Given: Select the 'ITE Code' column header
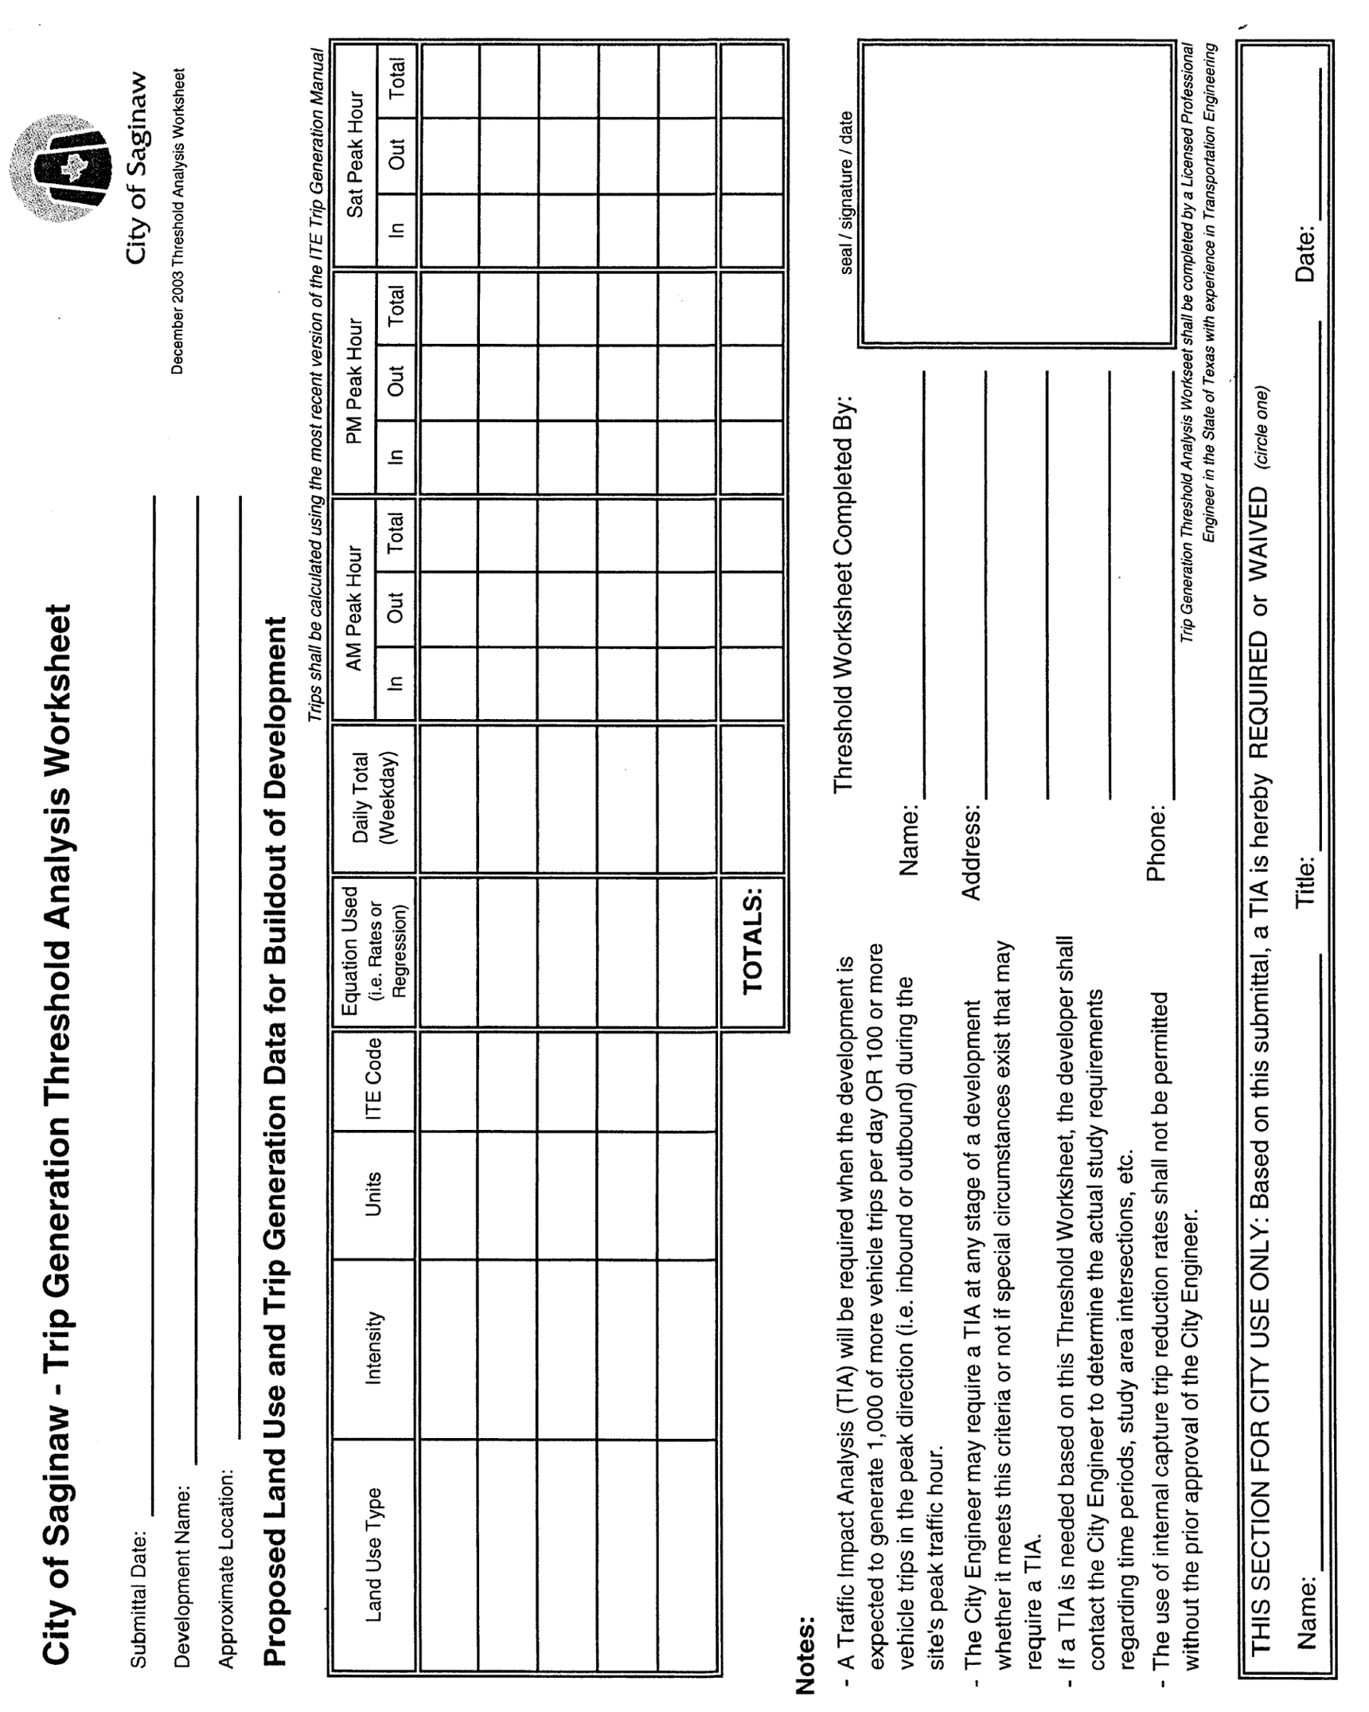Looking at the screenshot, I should tap(373, 1080).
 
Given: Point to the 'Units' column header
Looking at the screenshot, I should tap(373, 1194).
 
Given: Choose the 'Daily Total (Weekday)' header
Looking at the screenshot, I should tap(373, 798).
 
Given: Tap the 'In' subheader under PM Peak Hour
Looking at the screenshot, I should tap(396, 456).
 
